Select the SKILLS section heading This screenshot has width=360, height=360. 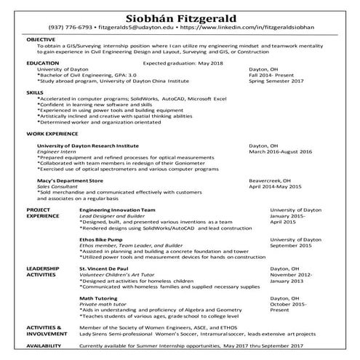33,94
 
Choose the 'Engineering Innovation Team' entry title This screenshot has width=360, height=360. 116,209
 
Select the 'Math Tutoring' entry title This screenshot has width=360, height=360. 97,299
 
